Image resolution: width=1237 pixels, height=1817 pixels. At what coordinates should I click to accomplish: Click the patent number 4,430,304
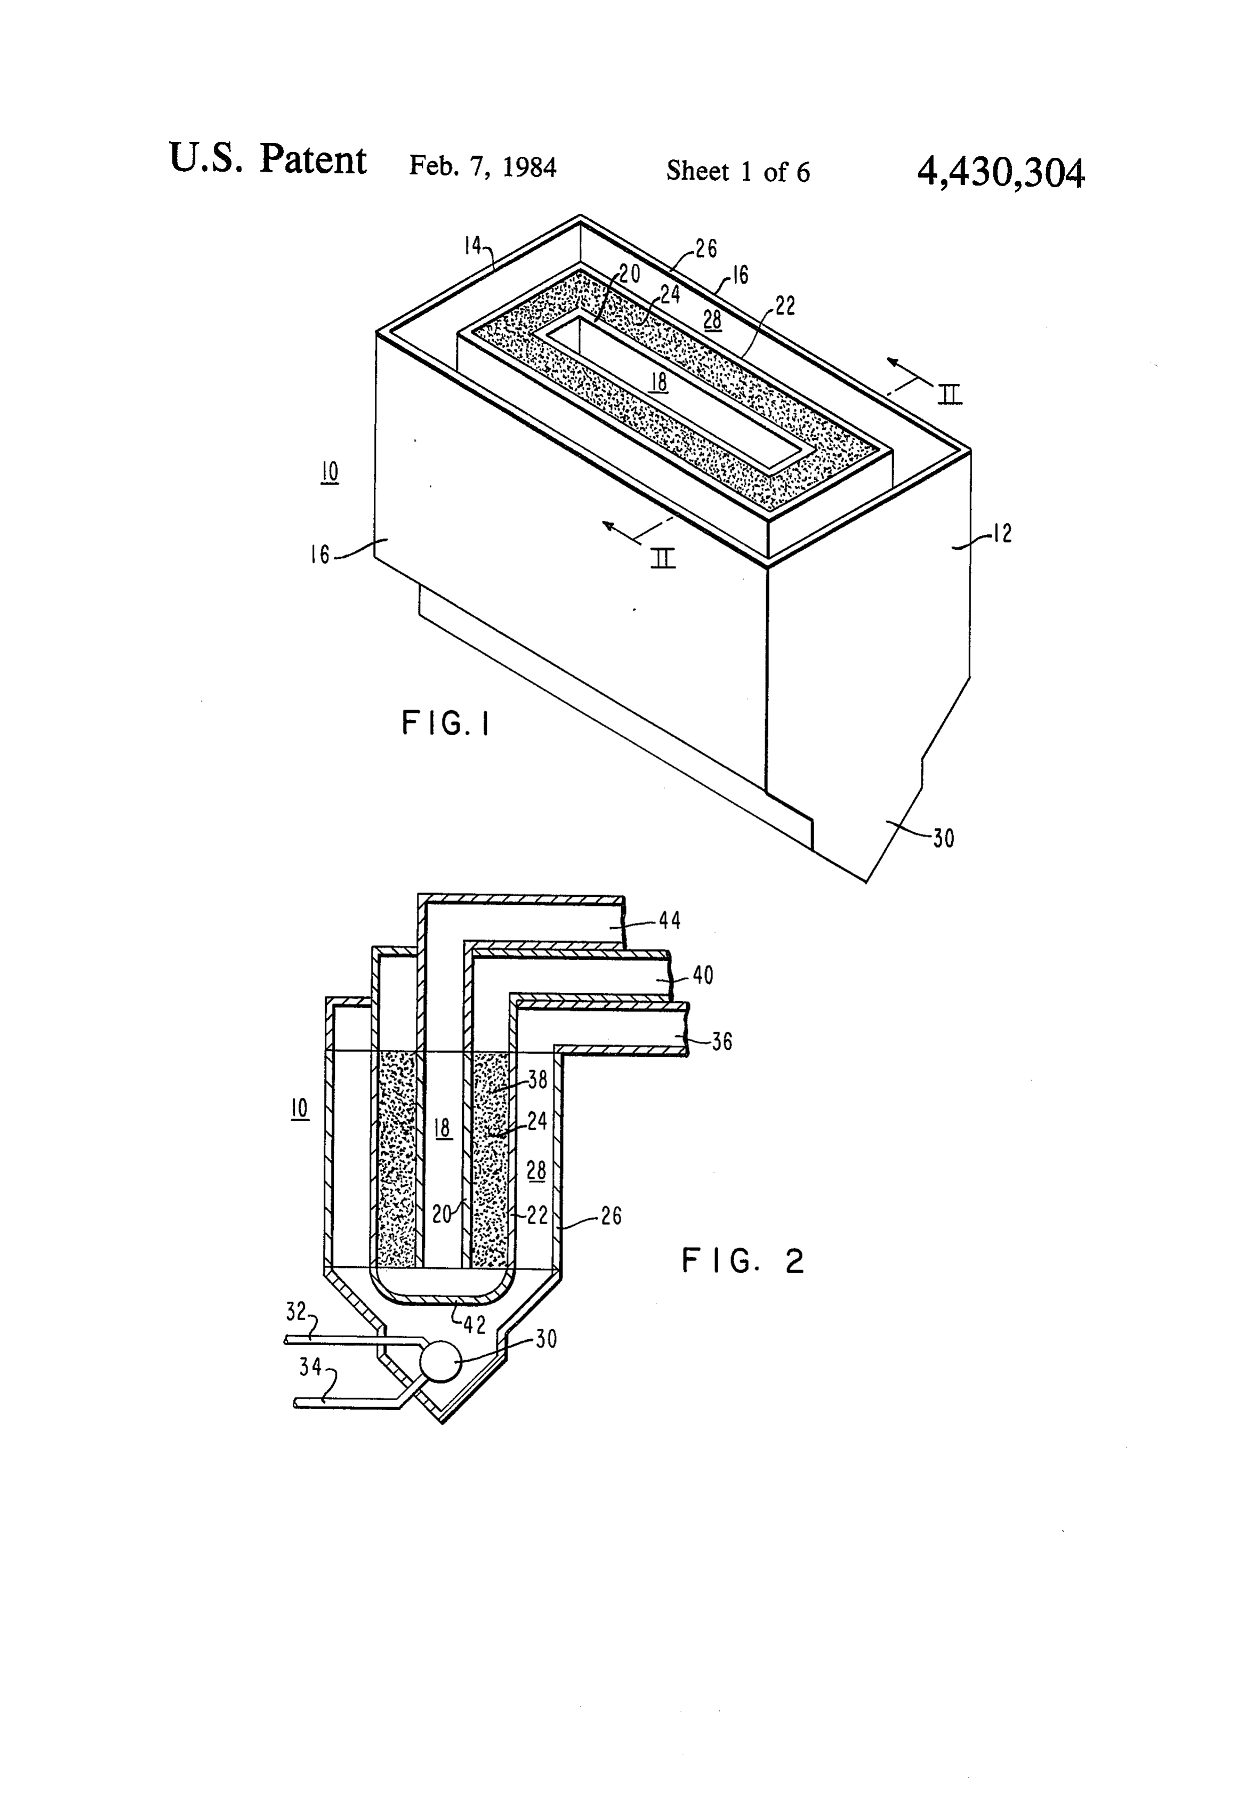1000,173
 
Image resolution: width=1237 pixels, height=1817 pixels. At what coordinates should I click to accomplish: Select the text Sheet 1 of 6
737,171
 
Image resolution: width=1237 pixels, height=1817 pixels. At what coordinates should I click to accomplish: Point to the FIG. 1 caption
446,723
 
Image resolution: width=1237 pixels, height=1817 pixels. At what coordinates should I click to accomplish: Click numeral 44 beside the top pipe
669,920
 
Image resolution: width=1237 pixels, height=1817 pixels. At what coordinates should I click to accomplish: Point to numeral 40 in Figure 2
703,975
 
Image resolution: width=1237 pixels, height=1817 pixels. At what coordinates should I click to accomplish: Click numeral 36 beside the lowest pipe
722,1041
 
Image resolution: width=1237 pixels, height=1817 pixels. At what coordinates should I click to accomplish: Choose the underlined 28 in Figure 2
536,1170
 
